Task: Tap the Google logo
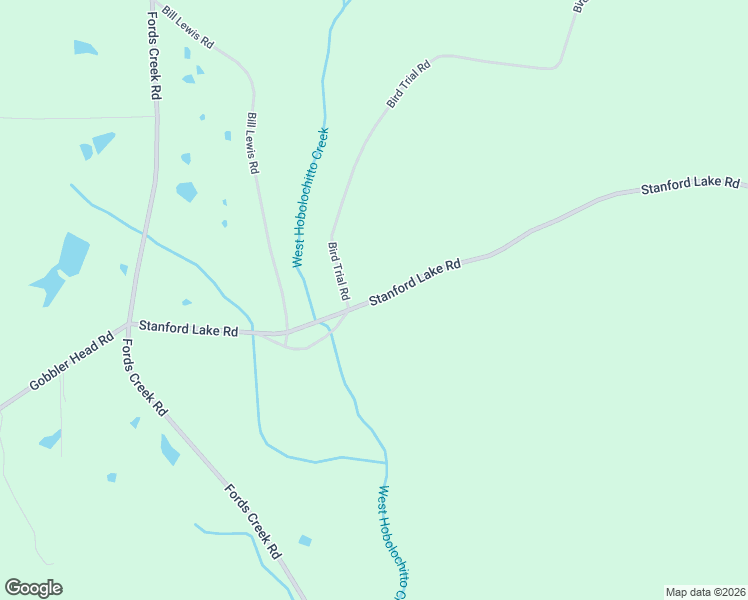[x=33, y=588]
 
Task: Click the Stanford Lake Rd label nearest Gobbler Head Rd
[x=188, y=328]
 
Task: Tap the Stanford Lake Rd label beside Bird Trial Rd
[x=414, y=283]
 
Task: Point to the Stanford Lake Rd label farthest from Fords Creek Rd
[x=690, y=186]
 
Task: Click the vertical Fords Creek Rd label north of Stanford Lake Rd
[x=154, y=50]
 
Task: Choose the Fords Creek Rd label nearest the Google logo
[x=252, y=521]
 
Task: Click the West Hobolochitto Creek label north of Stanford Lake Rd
[x=310, y=197]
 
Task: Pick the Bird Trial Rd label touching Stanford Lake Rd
[x=338, y=271]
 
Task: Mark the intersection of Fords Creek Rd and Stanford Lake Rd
[x=129, y=324]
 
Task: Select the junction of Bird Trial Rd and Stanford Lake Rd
[x=347, y=312]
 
